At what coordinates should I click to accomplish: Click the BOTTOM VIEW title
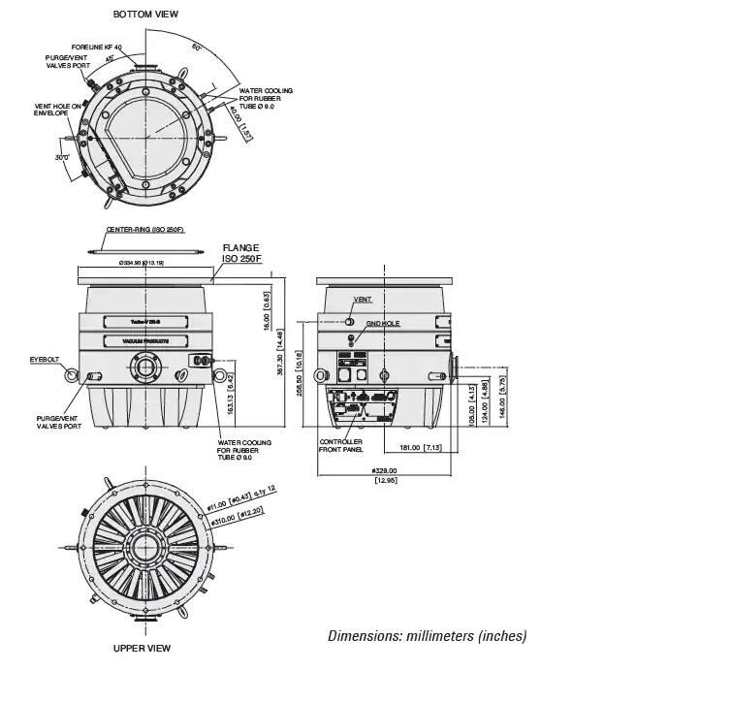click(x=145, y=15)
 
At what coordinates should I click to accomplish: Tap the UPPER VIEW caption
click(x=142, y=648)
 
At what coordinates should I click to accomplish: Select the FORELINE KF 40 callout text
click(x=97, y=47)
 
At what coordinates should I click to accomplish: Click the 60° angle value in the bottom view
click(x=197, y=47)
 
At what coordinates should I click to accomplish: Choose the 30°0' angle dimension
click(x=62, y=156)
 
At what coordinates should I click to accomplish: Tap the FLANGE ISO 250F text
click(x=241, y=253)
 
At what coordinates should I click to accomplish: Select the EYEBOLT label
click(x=45, y=359)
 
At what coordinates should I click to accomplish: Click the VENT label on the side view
click(x=363, y=301)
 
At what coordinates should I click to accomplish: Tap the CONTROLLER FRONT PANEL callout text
click(x=341, y=446)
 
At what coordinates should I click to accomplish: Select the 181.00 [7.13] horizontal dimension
click(x=421, y=447)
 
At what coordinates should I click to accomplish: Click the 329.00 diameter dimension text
click(x=385, y=470)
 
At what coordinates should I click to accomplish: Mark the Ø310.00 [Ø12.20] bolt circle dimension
click(x=237, y=518)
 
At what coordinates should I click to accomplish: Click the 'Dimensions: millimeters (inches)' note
click(x=427, y=636)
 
